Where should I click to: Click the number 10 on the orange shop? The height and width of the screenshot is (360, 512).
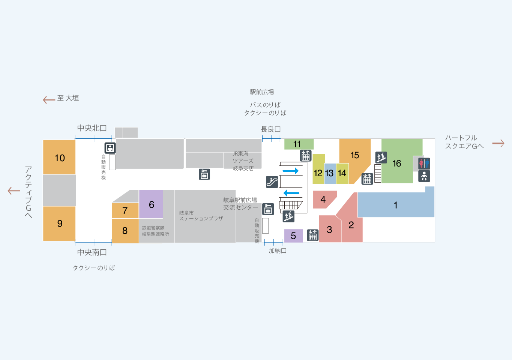[60, 158]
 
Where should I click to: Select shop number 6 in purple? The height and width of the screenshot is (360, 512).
[151, 204]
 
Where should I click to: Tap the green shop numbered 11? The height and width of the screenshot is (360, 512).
[299, 144]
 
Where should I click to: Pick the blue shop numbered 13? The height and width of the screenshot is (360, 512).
[330, 174]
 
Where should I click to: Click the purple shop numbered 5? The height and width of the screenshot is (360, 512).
[293, 235]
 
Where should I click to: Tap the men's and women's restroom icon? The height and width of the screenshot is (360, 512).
[424, 163]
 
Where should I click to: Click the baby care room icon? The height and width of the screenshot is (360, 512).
[424, 176]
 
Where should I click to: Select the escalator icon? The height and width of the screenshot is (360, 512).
[272, 182]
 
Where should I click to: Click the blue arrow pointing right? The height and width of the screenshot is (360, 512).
[291, 171]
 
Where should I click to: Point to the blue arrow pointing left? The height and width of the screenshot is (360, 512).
[291, 193]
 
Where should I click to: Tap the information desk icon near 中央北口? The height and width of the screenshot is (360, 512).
[110, 148]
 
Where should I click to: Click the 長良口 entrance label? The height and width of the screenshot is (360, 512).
[271, 129]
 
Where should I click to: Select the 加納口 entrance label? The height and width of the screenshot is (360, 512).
[278, 251]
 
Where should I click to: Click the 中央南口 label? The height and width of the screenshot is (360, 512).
[92, 252]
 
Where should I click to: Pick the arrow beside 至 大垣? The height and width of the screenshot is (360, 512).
[49, 100]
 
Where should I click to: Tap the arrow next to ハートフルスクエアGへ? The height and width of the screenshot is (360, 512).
[498, 143]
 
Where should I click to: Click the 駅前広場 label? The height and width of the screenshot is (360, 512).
[262, 92]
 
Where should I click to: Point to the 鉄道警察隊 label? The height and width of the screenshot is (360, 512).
[153, 228]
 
